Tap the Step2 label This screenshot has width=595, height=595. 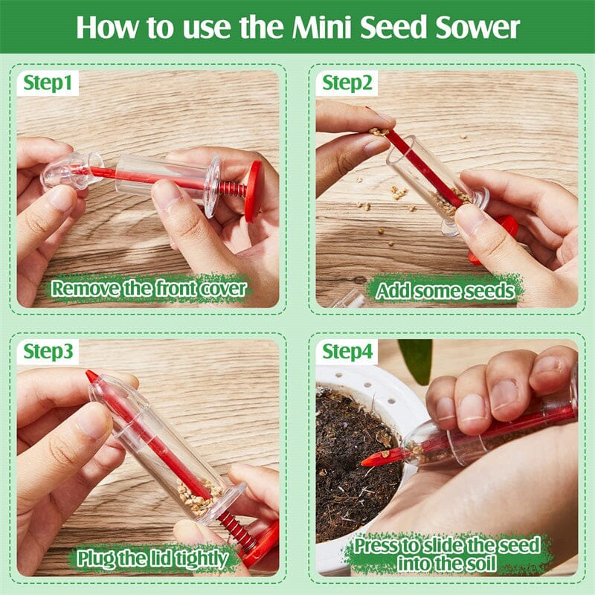pos(347,83)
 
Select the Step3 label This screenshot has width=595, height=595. pos(48,352)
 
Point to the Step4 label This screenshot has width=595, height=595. pos(347,352)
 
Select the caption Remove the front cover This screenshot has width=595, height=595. pos(148,288)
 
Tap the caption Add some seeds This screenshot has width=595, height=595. pos(445,290)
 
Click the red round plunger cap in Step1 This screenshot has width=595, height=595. pos(254,191)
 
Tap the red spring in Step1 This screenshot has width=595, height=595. pos(231,189)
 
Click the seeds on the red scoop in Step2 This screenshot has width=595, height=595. pos(379,132)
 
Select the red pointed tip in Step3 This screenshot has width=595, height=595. pos(92,377)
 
